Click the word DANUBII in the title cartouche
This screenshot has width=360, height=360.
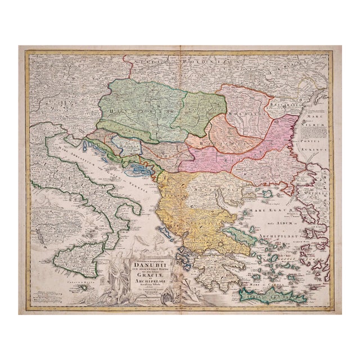tap(146, 260)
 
